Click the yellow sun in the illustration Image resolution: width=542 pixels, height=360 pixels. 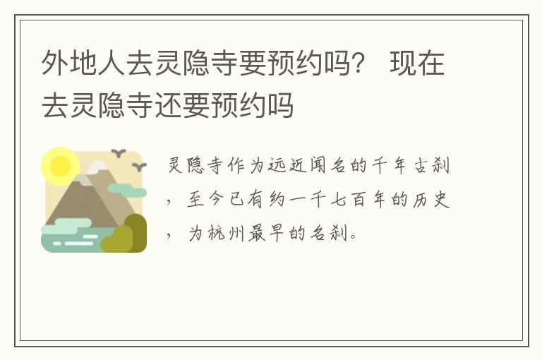pos(60,165)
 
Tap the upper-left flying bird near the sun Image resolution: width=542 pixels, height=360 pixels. pos(119,152)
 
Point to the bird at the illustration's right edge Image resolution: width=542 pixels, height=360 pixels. pos(140,167)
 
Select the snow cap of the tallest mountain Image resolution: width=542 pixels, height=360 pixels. pos(97,167)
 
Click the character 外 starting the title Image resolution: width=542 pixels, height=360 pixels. pos(55,64)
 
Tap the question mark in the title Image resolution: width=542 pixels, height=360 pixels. pos(357,64)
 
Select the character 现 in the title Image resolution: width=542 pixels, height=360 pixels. pos(403,64)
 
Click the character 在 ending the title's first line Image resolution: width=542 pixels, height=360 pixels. pos(430,64)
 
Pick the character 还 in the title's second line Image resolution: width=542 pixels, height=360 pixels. pos(168,104)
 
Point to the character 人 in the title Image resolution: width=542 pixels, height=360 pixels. pos(112,64)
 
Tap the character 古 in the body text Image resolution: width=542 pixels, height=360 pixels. pos(421,165)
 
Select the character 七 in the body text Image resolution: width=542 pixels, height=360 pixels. pos(337,200)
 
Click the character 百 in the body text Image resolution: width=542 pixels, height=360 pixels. pos(359,200)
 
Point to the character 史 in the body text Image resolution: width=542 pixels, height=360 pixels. pos(441,199)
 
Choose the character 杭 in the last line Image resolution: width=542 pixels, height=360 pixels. pos(216,233)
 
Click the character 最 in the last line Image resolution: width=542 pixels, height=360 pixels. pos(256,233)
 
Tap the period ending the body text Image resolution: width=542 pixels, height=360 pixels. pos(353,238)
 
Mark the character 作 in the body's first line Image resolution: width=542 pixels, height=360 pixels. pos(236,165)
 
